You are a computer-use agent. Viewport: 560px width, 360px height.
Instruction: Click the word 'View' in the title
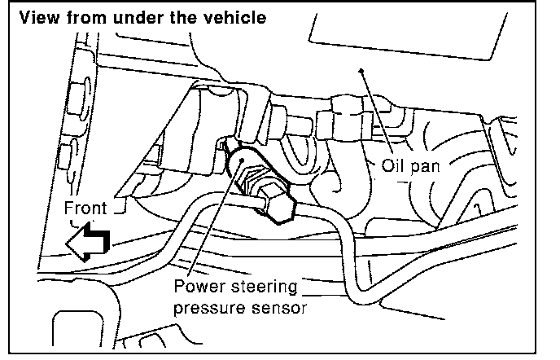coord(38,17)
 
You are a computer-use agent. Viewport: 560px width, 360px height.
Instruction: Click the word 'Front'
coord(85,208)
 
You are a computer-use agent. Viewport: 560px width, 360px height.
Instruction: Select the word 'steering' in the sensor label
coord(263,288)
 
